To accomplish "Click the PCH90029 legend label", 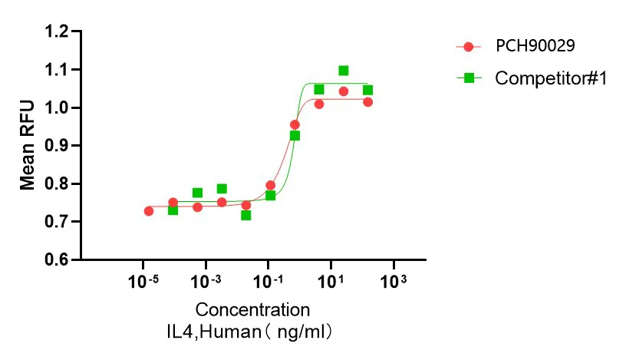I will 535,46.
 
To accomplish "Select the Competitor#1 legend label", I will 551,78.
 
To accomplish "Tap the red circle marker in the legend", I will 469,47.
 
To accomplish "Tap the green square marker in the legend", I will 469,78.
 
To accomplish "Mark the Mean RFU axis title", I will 28,145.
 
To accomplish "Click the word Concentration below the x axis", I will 252,310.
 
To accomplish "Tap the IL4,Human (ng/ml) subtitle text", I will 252,332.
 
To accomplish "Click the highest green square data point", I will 344,71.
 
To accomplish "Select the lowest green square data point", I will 245,215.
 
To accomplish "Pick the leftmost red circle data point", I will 148,210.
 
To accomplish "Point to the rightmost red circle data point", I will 368,102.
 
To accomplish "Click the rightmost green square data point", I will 368,90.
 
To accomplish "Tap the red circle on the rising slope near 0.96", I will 295,124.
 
